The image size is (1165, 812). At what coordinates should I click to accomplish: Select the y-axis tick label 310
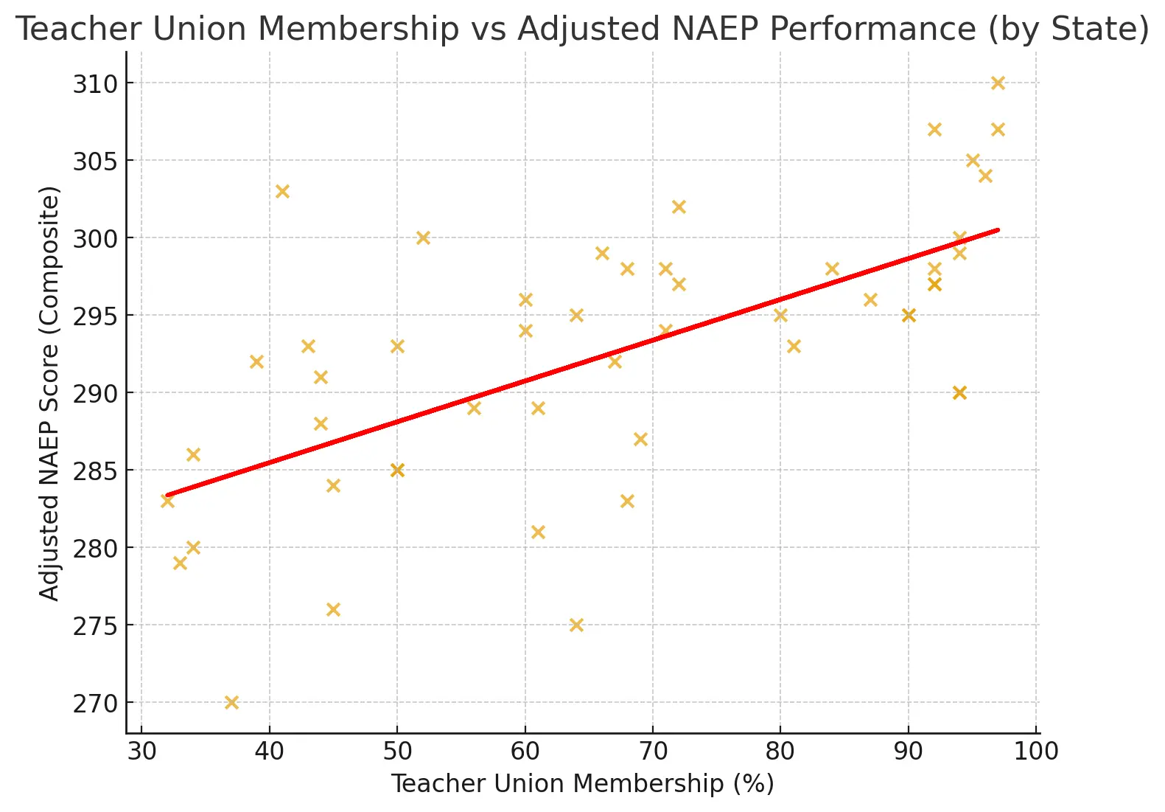click(95, 84)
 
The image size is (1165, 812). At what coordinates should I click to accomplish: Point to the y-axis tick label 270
click(95, 704)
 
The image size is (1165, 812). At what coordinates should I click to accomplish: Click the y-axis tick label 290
click(95, 394)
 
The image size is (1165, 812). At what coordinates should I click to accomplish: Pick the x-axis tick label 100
click(1036, 752)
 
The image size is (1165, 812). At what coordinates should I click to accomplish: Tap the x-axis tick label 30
click(141, 752)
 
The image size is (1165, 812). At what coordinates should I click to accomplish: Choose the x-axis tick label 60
click(525, 752)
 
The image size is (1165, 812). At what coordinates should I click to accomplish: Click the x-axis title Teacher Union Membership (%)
click(582, 783)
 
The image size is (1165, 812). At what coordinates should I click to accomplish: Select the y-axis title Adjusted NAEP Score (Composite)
click(49, 393)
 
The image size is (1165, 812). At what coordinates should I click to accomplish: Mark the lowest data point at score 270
click(231, 702)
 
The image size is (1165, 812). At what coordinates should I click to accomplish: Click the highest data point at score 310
click(998, 83)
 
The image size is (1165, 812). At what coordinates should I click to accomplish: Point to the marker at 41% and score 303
click(282, 192)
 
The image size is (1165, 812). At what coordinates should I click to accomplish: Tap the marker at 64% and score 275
click(576, 625)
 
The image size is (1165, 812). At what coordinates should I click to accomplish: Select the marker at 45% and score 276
click(333, 610)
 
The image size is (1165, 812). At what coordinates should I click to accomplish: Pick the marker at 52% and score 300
click(423, 238)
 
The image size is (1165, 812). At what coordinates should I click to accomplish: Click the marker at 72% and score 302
click(679, 207)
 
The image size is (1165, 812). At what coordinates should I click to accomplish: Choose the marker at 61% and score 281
click(538, 532)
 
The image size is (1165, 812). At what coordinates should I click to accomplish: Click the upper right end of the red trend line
click(997, 230)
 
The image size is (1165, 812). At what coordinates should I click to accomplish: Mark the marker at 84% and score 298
click(832, 269)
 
